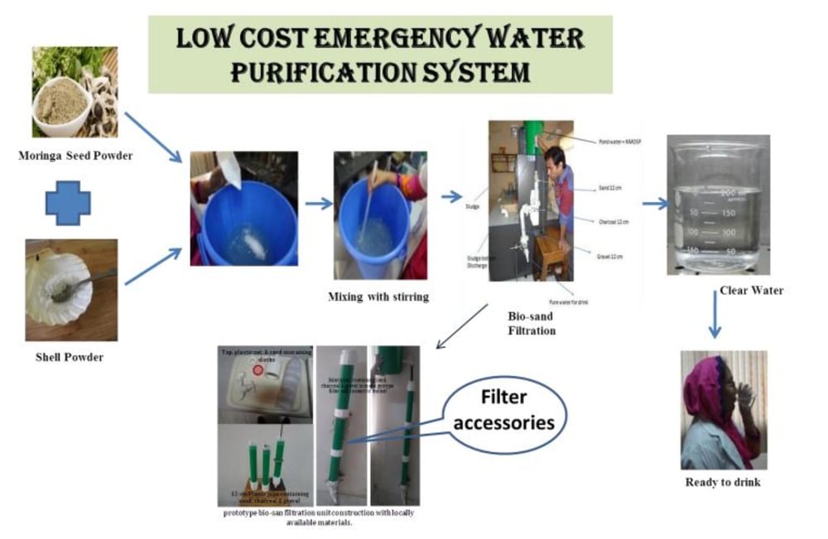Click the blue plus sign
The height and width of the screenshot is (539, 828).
[x=68, y=203]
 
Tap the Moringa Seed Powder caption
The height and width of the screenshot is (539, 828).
[x=75, y=153]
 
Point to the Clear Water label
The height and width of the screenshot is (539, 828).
[x=750, y=291]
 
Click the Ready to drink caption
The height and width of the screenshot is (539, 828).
[x=723, y=482]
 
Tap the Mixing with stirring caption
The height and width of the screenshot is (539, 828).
[x=380, y=296]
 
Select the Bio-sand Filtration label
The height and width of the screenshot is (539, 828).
[x=531, y=322]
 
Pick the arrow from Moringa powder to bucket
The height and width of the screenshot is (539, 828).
[x=154, y=137]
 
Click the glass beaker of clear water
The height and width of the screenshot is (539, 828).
[x=717, y=206]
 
